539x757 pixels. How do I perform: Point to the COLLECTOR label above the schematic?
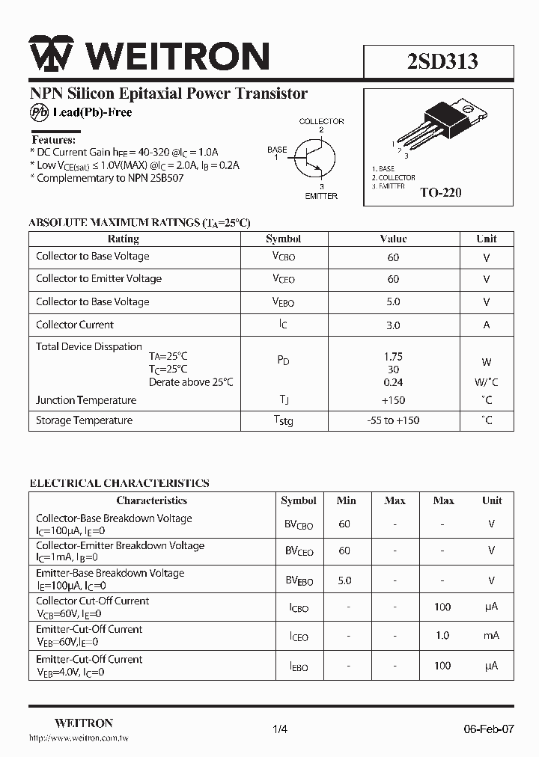[x=321, y=121]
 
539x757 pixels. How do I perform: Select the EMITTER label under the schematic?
[x=320, y=196]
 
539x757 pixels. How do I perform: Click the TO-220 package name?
[x=440, y=192]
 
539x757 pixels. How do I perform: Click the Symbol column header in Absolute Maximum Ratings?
[x=283, y=239]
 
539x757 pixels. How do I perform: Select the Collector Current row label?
[x=75, y=325]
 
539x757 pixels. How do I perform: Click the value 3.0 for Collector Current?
[x=393, y=325]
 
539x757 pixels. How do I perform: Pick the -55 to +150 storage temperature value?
[x=393, y=420]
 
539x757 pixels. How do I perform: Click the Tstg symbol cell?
[x=283, y=421]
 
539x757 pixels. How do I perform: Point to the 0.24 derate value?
[x=393, y=382]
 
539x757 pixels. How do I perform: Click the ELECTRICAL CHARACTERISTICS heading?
[x=119, y=483]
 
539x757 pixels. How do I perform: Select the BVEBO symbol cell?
[x=299, y=580]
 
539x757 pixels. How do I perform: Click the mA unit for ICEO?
[x=491, y=635]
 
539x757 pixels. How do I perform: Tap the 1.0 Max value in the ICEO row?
[x=442, y=635]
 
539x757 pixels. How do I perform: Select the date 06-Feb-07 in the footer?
[x=488, y=729]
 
